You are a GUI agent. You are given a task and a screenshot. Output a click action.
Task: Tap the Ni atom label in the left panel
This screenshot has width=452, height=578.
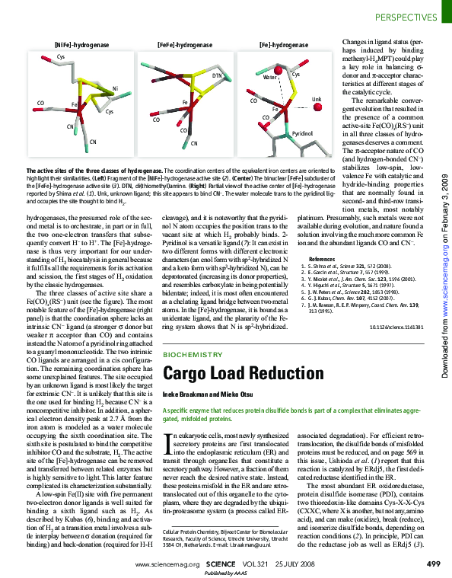click(115, 89)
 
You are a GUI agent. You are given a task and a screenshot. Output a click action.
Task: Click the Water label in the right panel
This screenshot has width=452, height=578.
click(269, 78)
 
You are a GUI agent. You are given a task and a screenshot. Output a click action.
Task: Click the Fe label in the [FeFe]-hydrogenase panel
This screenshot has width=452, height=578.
click(185, 102)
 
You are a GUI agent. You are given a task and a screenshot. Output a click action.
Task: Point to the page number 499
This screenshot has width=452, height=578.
click(433, 564)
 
